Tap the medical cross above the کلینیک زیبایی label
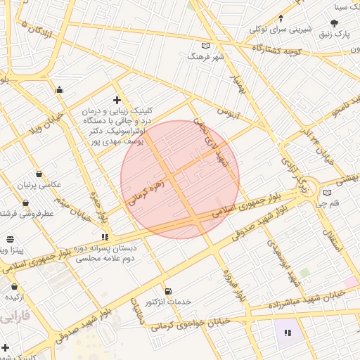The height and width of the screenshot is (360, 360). (117, 101)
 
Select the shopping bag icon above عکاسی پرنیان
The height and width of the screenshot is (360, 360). (38, 174)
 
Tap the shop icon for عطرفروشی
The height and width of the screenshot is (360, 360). (26, 203)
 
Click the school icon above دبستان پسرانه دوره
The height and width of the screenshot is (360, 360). (105, 238)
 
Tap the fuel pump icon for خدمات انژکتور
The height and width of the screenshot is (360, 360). (167, 291)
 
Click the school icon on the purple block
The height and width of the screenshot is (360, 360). (287, 332)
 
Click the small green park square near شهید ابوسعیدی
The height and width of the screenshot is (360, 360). (304, 272)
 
